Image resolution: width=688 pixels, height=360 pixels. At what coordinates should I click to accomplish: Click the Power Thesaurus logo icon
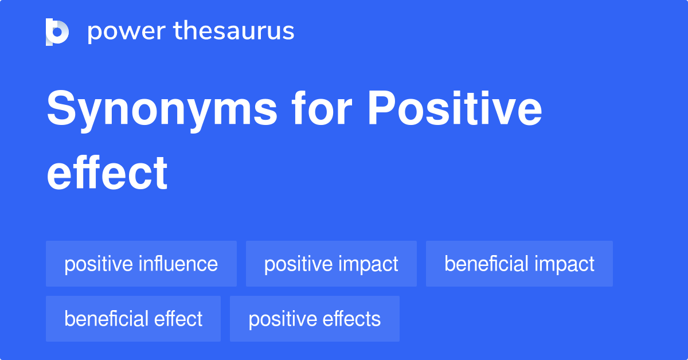point(57,32)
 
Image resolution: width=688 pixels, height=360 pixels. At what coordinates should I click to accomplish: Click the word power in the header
point(127,32)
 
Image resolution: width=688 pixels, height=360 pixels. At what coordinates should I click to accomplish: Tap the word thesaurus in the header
point(234,30)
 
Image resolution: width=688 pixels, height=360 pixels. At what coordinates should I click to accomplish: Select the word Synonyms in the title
point(162,111)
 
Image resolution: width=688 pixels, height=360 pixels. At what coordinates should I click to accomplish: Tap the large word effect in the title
point(107,173)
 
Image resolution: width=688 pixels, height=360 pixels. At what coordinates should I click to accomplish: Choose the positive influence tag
point(141,264)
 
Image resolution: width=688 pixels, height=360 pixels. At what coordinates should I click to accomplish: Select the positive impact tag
point(331,264)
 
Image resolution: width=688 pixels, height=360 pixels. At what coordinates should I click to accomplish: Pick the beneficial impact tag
point(519,264)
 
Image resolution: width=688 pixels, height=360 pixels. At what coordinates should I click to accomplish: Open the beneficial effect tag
point(133,319)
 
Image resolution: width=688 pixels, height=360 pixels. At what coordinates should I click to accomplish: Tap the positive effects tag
point(315,319)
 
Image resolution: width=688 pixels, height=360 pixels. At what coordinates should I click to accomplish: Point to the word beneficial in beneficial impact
point(487,264)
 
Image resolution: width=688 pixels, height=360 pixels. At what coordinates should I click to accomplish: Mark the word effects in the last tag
point(351,319)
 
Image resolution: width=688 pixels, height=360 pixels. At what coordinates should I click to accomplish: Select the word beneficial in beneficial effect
point(106,319)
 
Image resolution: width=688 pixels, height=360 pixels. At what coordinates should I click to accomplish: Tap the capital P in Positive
point(381,108)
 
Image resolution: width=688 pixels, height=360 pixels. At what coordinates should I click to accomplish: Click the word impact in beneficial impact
point(565,265)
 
